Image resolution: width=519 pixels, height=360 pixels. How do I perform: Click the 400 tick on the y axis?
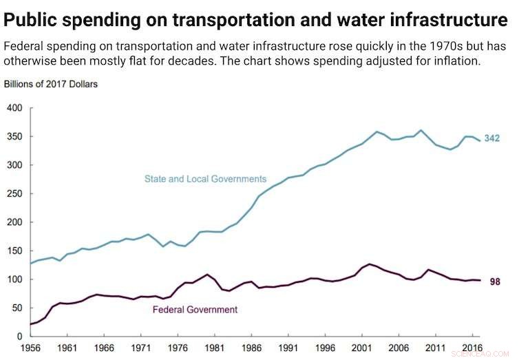click(15, 108)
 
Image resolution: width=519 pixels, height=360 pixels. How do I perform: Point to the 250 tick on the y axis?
click(15, 194)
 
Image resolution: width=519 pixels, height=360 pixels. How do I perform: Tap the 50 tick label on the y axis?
click(17, 308)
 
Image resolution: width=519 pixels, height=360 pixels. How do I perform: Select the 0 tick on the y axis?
click(21, 337)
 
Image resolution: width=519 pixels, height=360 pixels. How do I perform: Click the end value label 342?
click(491, 138)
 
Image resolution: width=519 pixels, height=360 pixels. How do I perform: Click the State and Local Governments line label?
click(204, 179)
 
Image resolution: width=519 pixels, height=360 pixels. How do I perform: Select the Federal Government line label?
click(194, 310)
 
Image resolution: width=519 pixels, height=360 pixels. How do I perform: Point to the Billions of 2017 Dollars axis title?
click(51, 85)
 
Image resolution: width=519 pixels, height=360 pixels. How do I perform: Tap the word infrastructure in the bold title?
click(452, 19)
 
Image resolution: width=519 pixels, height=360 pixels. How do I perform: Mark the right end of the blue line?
click(480, 140)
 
